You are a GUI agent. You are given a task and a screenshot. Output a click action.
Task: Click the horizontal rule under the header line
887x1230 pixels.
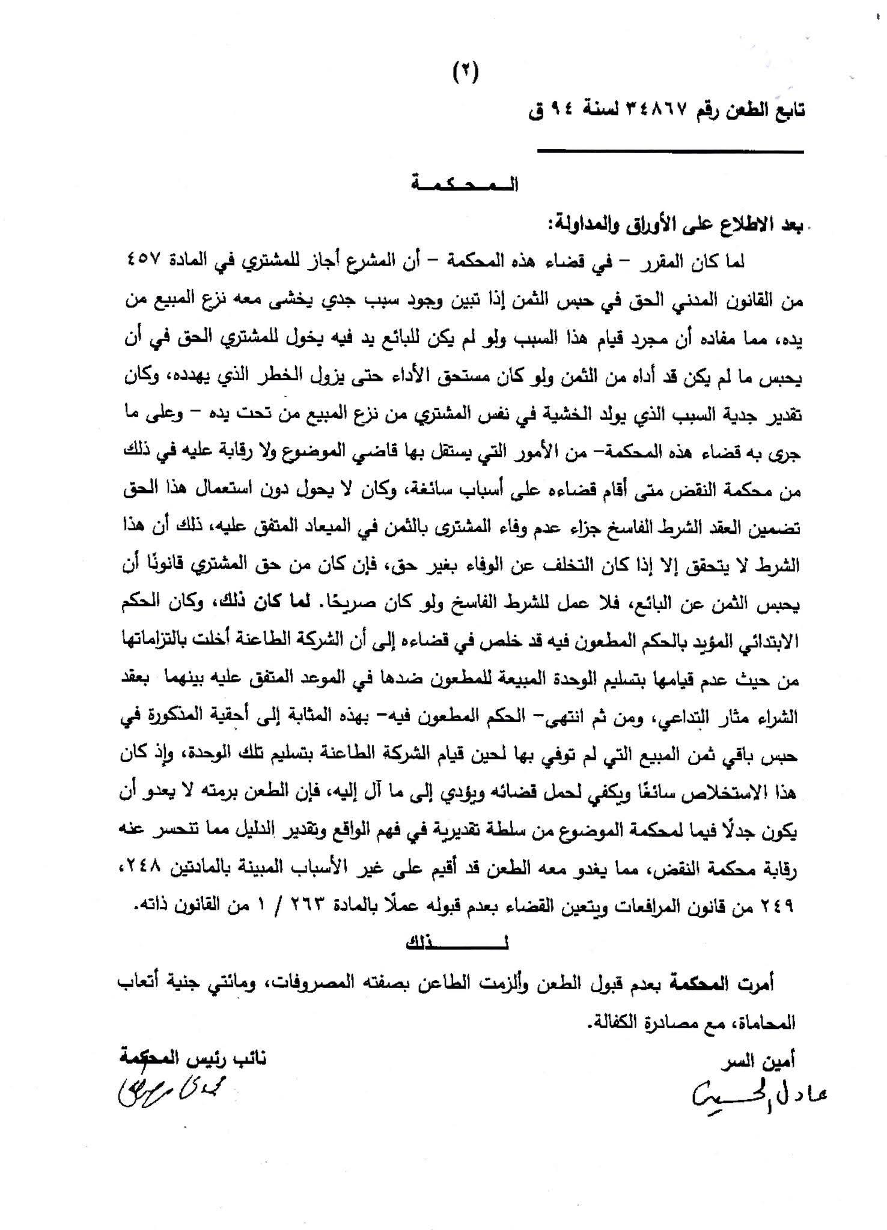point(670,151)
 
